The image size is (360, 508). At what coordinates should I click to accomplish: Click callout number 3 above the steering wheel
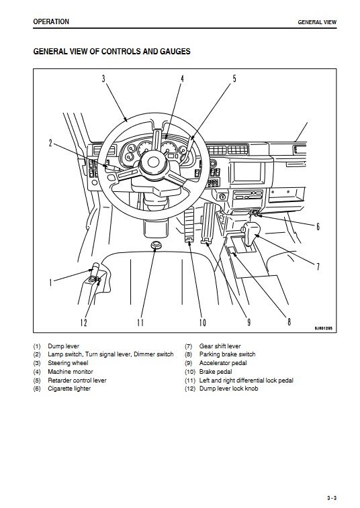pos(103,79)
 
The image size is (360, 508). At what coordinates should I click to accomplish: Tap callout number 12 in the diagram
pos(84,322)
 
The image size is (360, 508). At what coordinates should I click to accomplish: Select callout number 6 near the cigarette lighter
pos(318,226)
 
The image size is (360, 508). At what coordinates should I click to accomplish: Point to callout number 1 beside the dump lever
pos(50,283)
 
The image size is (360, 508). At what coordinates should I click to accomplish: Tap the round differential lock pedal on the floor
pos(156,244)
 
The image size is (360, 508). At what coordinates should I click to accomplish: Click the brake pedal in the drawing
pos(189,224)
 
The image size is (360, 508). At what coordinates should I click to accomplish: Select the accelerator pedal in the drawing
pos(208,223)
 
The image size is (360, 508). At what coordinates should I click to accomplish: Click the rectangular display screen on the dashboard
pos(247,171)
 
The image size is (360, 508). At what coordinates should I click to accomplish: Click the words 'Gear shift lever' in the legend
pos(220,346)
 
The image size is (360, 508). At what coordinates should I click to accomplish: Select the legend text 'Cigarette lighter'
pos(69,389)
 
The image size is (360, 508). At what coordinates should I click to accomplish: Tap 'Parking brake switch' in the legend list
pos(228,354)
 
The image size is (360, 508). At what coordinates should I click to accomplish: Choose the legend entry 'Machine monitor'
pos(71,372)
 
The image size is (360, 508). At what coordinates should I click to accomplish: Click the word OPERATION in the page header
pos(51,21)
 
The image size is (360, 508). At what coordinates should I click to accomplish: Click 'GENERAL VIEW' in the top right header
pos(317,22)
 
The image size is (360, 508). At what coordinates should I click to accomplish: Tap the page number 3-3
pos(332,489)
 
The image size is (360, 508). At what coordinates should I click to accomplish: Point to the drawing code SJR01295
pos(323,328)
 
